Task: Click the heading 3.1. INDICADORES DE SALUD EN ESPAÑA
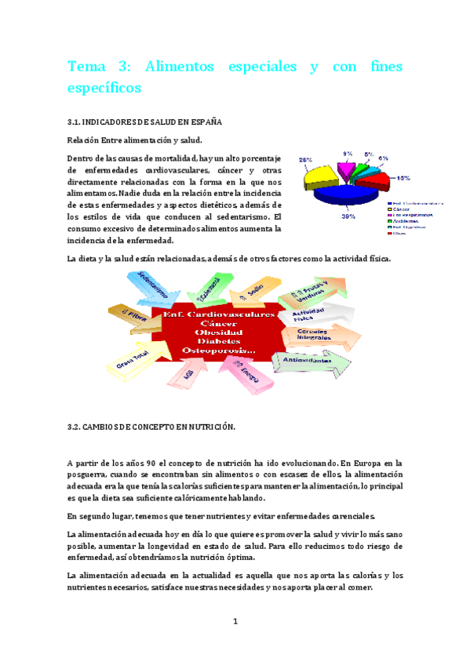point(144,122)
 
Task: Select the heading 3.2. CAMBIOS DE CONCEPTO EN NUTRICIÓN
point(151,426)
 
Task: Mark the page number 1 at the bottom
point(235,622)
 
